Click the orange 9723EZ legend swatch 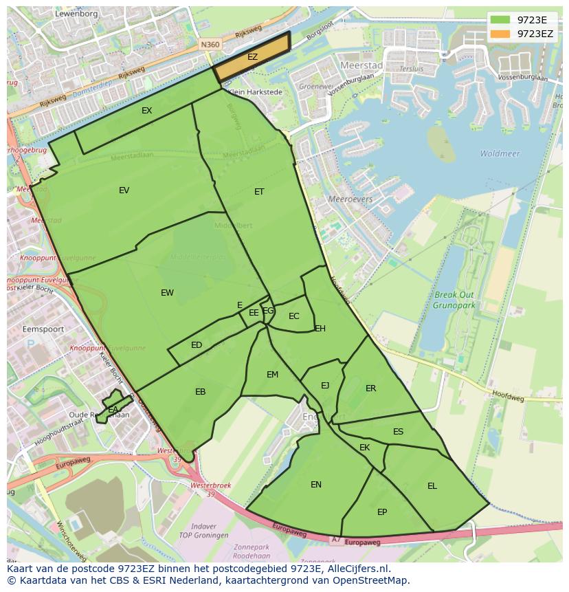(x=500, y=34)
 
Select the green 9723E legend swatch (x=500, y=20)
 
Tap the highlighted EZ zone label (x=252, y=57)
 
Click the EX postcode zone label (x=147, y=111)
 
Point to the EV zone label (x=124, y=190)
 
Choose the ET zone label (x=259, y=192)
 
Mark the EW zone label (x=167, y=293)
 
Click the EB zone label (x=200, y=392)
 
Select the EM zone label (x=272, y=375)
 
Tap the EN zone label (x=316, y=485)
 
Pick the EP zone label (x=382, y=512)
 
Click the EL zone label (x=432, y=486)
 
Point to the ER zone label (x=371, y=388)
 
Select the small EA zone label (x=113, y=410)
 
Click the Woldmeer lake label (x=500, y=154)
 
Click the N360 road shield (x=210, y=45)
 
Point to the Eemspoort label (x=43, y=329)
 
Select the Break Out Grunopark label (x=454, y=299)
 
